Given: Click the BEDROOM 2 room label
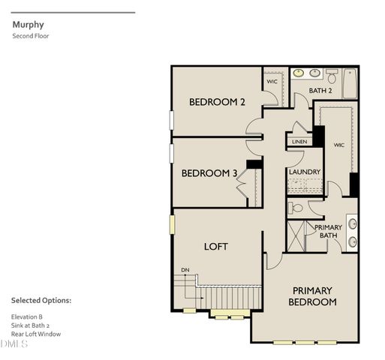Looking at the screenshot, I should pyautogui.click(x=217, y=103).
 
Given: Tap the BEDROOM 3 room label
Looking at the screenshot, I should pyautogui.click(x=209, y=173).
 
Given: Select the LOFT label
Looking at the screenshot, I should pyautogui.click(x=216, y=246).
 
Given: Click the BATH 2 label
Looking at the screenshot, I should pyautogui.click(x=320, y=91).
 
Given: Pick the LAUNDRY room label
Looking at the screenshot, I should pyautogui.click(x=305, y=172).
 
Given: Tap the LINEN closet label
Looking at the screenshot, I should pyautogui.click(x=299, y=141).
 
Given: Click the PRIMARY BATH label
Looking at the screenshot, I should pyautogui.click(x=328, y=232).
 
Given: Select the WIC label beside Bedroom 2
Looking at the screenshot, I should pyautogui.click(x=272, y=81).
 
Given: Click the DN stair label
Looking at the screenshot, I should pyautogui.click(x=185, y=271).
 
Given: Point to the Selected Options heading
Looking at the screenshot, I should pyautogui.click(x=41, y=300).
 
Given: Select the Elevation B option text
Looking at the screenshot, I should pyautogui.click(x=26, y=316).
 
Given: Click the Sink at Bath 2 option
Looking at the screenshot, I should pyautogui.click(x=30, y=325).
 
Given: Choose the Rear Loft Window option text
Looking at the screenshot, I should pyautogui.click(x=35, y=334).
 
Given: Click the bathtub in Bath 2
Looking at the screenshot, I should pyautogui.click(x=350, y=83).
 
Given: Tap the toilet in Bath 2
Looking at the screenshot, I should pyautogui.click(x=331, y=75).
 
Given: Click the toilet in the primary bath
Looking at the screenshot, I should pyautogui.click(x=296, y=208).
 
